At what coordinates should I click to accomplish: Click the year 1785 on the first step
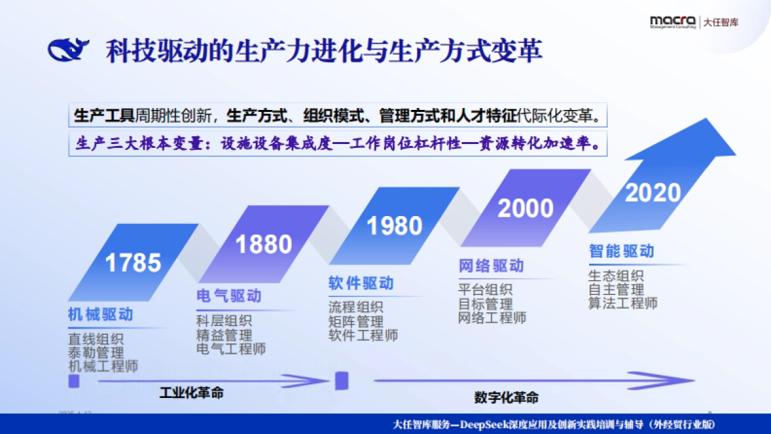tap(133, 262)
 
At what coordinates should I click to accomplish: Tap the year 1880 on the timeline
tap(263, 244)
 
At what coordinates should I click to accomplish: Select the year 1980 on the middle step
tap(394, 226)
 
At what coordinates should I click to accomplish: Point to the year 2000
tap(526, 208)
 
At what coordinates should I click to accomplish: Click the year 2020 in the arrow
tap(653, 192)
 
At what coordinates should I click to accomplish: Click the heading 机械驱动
tap(100, 314)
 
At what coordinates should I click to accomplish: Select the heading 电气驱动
tap(229, 296)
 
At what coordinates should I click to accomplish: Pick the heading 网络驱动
tap(491, 266)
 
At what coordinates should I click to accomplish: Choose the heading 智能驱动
tap(621, 251)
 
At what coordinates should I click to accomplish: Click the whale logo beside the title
tap(69, 50)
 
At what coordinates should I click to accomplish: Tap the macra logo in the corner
tap(672, 22)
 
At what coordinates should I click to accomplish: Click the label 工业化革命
tap(191, 392)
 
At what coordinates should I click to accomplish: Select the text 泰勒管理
tap(96, 352)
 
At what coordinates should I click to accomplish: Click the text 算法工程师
tap(623, 303)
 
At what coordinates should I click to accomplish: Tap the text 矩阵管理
tap(356, 321)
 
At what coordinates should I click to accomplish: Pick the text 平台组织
tap(485, 290)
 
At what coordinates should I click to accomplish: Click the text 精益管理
tap(224, 335)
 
